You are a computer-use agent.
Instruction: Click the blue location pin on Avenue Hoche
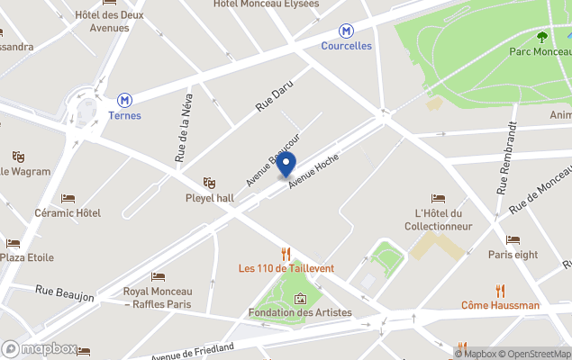click(286, 165)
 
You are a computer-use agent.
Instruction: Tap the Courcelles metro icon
click(346, 30)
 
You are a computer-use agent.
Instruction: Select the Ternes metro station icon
click(124, 100)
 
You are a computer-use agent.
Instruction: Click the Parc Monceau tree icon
click(541, 37)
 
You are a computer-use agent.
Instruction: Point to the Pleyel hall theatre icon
click(210, 183)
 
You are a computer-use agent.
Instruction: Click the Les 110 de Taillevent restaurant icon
click(286, 253)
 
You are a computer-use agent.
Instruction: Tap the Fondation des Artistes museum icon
click(300, 298)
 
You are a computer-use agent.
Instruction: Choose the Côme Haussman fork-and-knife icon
click(501, 291)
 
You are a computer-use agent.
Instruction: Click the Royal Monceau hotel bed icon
click(158, 277)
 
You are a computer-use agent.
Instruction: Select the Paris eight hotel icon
click(513, 239)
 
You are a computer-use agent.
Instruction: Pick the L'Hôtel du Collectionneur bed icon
click(438, 198)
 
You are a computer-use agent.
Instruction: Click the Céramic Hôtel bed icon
click(68, 198)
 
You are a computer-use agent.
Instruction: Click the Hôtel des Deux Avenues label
click(109, 21)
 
